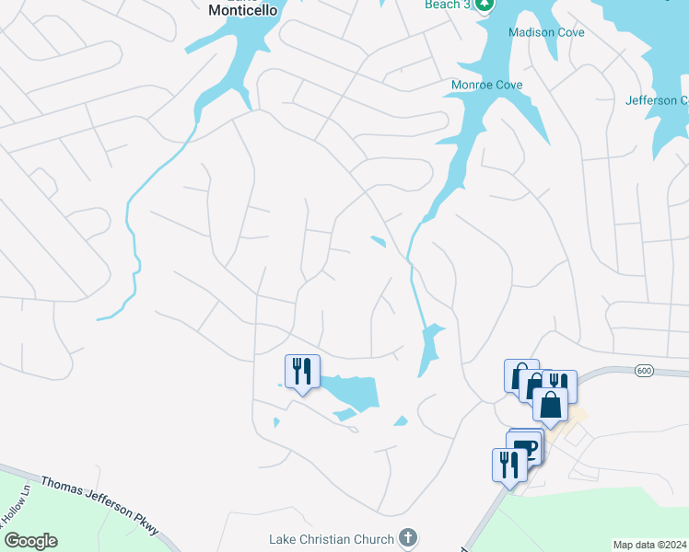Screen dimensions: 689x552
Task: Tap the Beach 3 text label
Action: (x=448, y=5)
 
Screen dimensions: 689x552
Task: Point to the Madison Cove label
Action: (x=546, y=32)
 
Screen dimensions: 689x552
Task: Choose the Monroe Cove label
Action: (x=486, y=85)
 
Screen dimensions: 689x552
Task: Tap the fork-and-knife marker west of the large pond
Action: (x=302, y=372)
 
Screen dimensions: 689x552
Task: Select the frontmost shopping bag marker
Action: (x=550, y=404)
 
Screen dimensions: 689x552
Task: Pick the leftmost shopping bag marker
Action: (x=520, y=375)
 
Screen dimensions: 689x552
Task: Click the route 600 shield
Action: (x=644, y=370)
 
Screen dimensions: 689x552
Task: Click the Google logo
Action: (x=30, y=541)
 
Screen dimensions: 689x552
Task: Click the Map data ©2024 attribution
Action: (x=649, y=545)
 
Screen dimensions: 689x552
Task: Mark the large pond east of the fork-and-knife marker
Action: (x=355, y=392)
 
